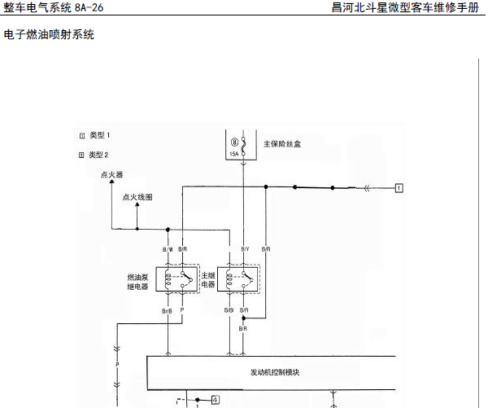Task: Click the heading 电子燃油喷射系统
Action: [x=49, y=35]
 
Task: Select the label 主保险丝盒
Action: [x=282, y=144]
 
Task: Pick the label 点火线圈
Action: [x=137, y=198]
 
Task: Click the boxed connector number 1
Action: [x=399, y=188]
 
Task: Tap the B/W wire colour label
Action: [x=168, y=249]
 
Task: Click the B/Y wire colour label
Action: [x=245, y=249]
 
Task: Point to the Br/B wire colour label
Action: [x=167, y=311]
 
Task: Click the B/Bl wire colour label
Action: [x=229, y=311]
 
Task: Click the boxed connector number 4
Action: [x=215, y=399]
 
